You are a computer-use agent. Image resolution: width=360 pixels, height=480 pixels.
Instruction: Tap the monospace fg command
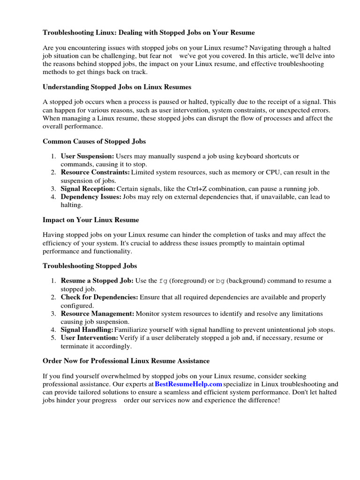click(163, 281)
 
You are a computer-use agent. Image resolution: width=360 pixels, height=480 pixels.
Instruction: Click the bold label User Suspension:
click(87, 156)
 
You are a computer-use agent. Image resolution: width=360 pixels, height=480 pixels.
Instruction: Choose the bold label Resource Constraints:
click(95, 172)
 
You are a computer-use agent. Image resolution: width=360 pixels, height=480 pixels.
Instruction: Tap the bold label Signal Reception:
click(88, 189)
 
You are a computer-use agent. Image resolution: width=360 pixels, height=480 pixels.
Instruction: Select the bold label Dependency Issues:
click(91, 197)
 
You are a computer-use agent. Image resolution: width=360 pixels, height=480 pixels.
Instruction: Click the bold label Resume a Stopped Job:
click(97, 281)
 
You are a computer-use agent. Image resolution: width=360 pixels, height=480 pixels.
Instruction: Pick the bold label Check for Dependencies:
click(99, 297)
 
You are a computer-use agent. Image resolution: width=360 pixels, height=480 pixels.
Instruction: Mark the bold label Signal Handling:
click(87, 330)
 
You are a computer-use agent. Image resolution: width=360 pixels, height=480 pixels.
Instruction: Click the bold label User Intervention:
click(89, 338)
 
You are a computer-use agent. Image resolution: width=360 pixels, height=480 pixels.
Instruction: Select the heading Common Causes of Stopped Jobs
click(94, 141)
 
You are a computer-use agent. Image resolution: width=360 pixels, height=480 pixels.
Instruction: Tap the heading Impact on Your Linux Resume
click(90, 219)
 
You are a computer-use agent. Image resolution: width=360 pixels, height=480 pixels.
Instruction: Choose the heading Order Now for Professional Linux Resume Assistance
click(126, 361)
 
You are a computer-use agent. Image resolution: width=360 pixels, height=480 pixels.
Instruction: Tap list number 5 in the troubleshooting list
click(53, 338)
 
